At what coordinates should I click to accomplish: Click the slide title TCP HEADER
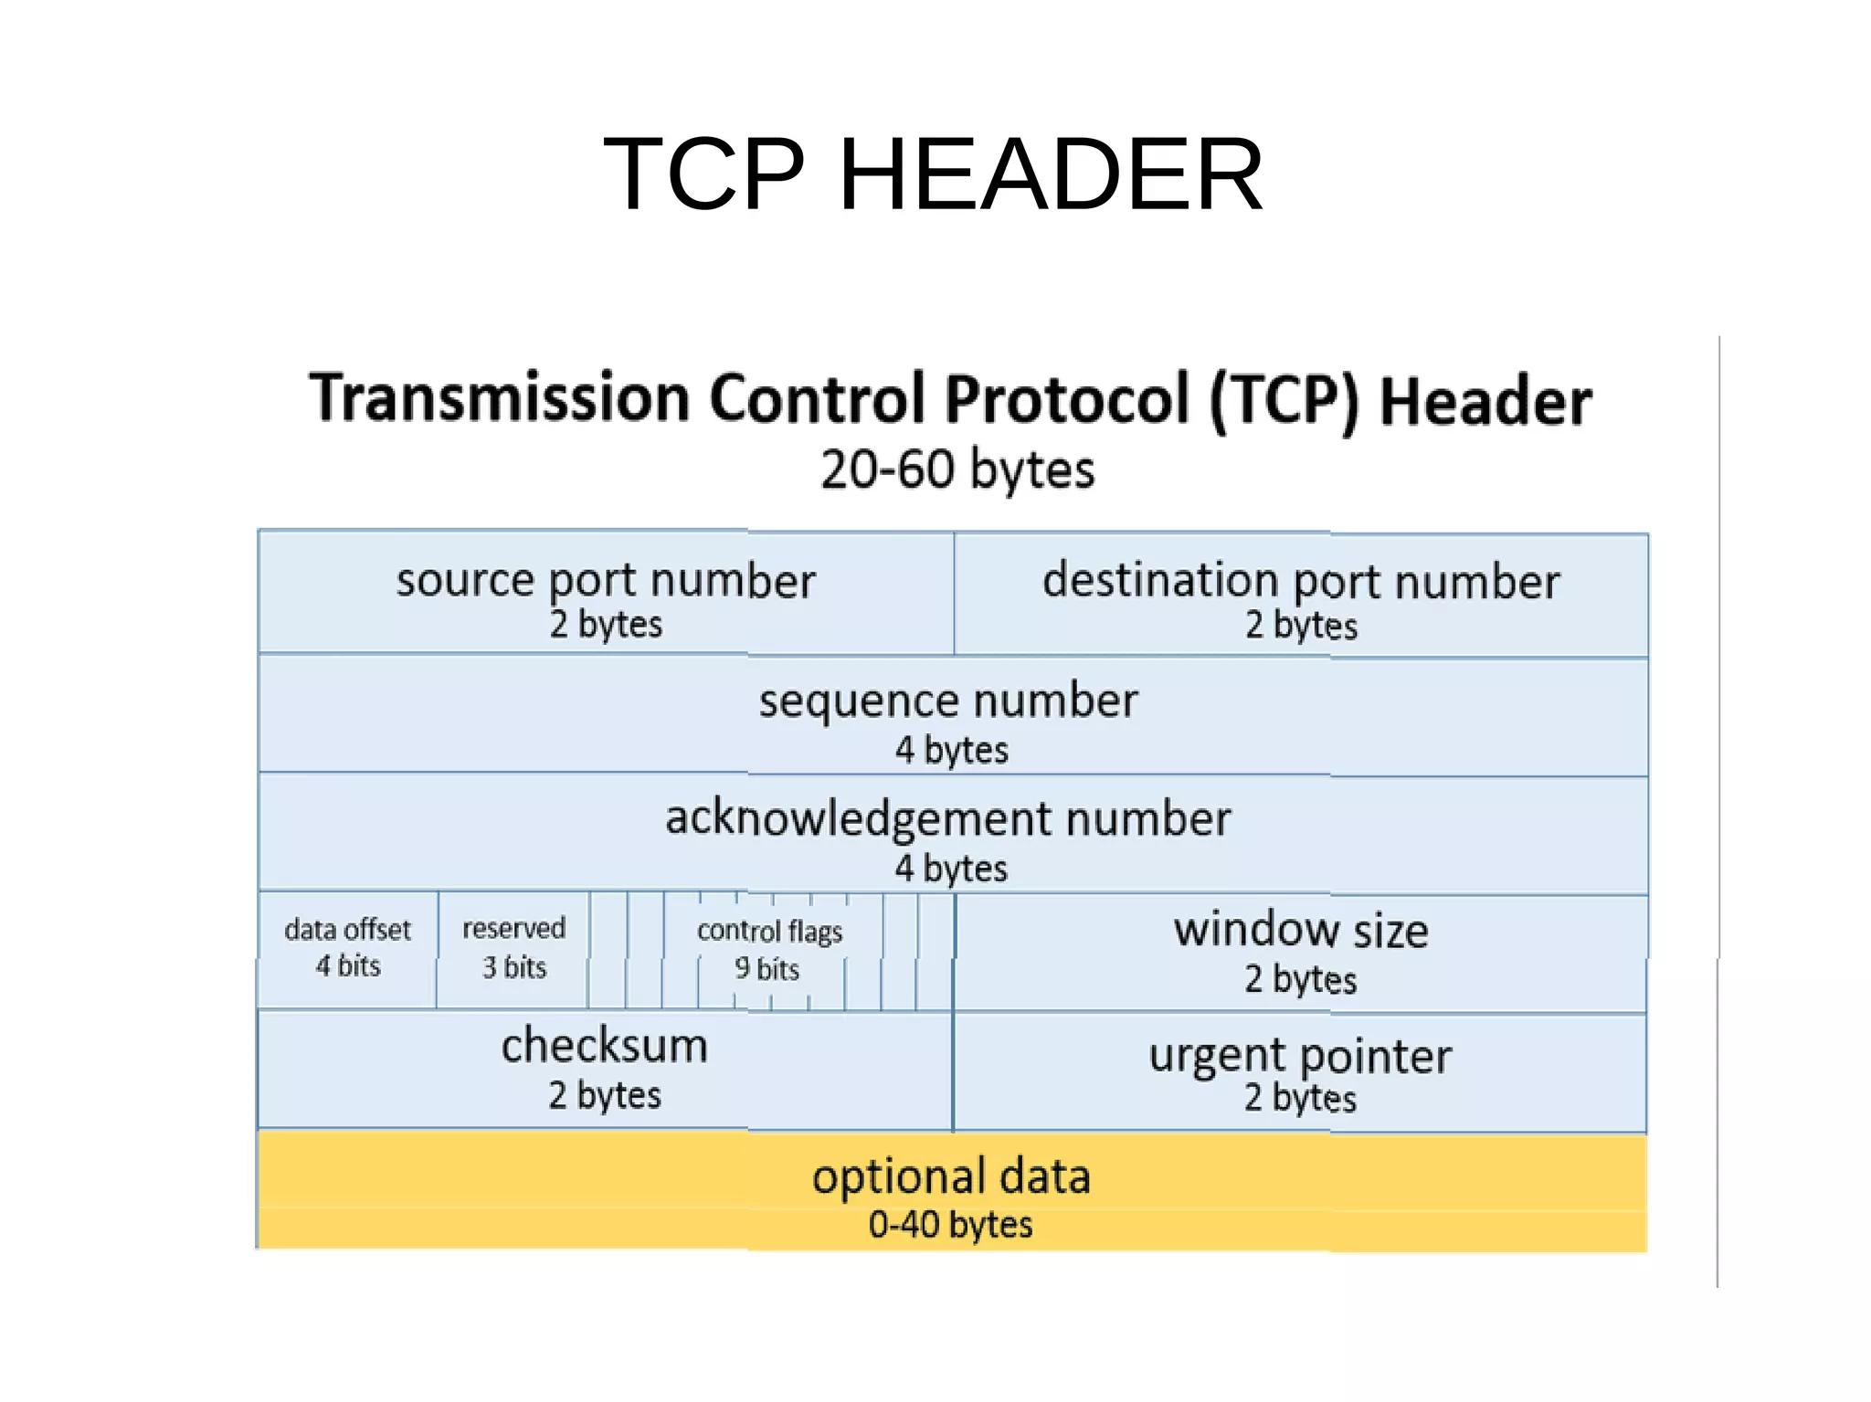point(933,174)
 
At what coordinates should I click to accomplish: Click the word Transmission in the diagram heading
point(499,398)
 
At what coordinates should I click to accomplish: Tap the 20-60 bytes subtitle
point(957,469)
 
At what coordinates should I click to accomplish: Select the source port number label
point(606,580)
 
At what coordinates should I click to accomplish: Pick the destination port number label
point(1301,581)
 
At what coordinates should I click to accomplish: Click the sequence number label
point(948,701)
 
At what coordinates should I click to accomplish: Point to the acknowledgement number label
point(948,818)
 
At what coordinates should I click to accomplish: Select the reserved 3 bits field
point(513,948)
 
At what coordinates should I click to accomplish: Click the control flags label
point(769,931)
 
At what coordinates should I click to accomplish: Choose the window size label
point(1301,930)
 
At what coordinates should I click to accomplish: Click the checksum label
point(604,1046)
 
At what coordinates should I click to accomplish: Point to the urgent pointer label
point(1300,1056)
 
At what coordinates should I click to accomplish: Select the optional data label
point(951,1176)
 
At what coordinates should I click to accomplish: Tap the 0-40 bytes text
point(950,1225)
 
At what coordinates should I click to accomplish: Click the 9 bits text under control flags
point(766,968)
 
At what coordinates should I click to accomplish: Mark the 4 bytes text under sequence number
point(951,750)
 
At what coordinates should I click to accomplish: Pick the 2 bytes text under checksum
point(605,1095)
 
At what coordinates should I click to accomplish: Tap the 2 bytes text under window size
point(1300,979)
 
